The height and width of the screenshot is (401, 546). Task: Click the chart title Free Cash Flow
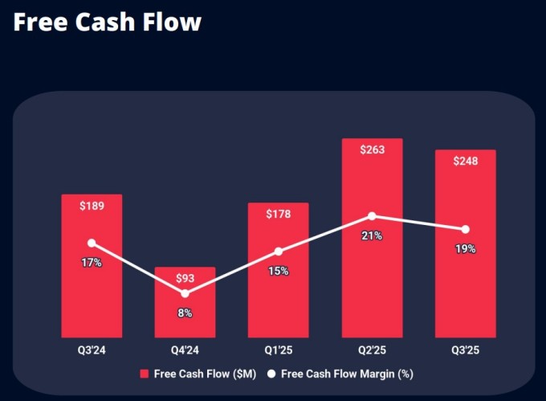pos(108,23)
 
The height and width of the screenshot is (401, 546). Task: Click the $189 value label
pos(92,206)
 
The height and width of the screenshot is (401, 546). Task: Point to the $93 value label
pos(185,279)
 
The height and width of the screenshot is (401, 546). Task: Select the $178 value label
pos(279,214)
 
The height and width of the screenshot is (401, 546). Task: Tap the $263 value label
pos(372,150)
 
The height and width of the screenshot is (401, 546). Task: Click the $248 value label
pos(465,162)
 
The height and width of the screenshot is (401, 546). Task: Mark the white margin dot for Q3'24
pos(92,243)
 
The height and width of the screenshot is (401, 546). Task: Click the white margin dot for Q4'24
pos(185,293)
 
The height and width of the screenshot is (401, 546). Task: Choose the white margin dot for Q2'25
pos(372,216)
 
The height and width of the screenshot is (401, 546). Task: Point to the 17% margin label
pos(92,263)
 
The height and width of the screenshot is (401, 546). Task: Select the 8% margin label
pos(185,313)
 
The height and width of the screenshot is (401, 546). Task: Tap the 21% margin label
pos(372,235)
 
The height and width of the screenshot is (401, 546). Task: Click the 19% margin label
pos(465,249)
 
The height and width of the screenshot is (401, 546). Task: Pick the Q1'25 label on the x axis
pos(279,350)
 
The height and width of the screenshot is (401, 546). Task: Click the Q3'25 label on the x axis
pos(465,350)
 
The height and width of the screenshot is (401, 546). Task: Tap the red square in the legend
pos(145,374)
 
